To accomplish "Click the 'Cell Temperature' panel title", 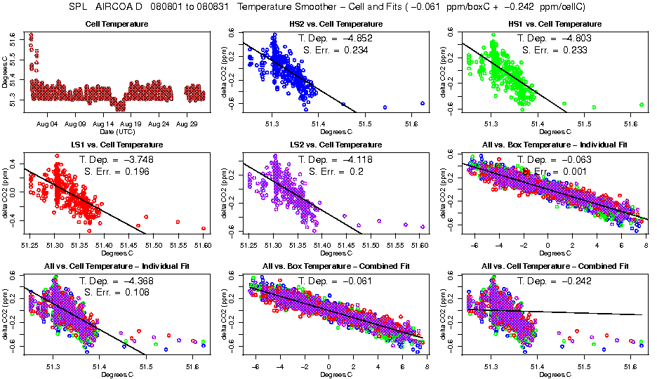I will pyautogui.click(x=117, y=25).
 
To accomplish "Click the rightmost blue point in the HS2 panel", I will pyautogui.click(x=423, y=103).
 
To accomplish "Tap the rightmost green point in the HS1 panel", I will pyautogui.click(x=642, y=105).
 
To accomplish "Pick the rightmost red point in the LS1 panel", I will pyautogui.click(x=204, y=228).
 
